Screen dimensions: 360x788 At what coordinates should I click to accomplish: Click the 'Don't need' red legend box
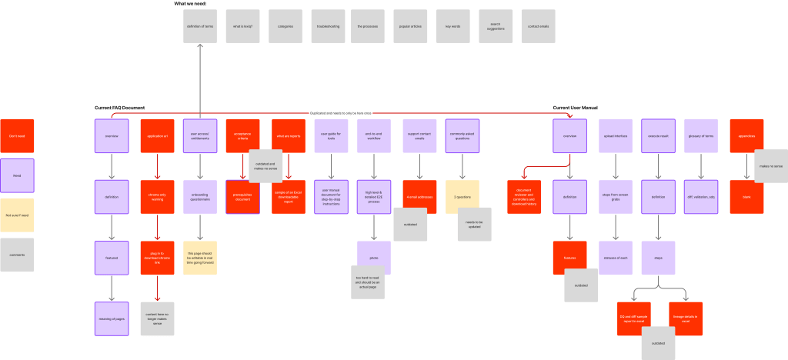(x=17, y=136)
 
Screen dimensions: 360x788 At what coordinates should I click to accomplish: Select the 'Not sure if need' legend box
(x=17, y=215)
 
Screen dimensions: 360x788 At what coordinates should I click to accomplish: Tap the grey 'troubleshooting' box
(x=327, y=26)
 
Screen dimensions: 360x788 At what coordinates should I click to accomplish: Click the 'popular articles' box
(x=409, y=26)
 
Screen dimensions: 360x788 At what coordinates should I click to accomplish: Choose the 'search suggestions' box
(x=496, y=26)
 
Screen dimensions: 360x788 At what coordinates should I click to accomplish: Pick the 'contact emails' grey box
(x=538, y=26)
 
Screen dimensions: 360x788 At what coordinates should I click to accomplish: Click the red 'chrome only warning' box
(x=157, y=197)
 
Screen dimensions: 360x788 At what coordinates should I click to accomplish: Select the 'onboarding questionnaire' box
(x=200, y=197)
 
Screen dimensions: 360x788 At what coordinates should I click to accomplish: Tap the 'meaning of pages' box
(x=112, y=319)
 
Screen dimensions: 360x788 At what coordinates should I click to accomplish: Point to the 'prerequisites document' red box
(x=242, y=197)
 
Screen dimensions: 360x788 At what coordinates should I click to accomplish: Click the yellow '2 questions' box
(x=462, y=197)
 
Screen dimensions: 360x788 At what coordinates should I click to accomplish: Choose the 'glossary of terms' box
(x=701, y=136)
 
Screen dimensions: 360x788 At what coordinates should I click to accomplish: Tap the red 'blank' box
(x=746, y=197)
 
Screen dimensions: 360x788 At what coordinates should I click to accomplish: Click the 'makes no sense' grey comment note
(x=771, y=166)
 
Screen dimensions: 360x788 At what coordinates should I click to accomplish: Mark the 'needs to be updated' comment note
(x=475, y=224)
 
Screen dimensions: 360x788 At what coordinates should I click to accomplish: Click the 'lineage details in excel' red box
(x=686, y=318)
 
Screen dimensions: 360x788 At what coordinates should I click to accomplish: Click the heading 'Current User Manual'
(x=576, y=108)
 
